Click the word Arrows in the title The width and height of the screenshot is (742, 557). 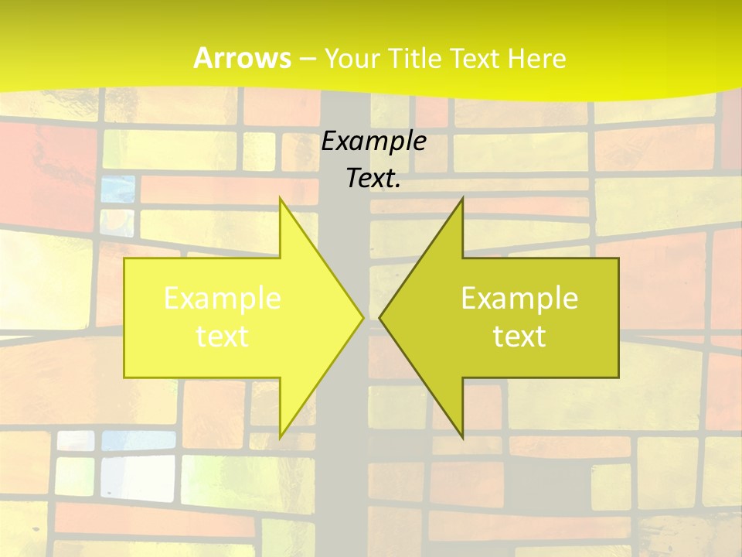242,58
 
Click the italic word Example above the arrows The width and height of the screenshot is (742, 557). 374,142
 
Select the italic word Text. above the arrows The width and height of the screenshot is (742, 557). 374,179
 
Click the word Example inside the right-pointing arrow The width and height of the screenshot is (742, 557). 223,299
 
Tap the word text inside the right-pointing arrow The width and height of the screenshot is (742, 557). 223,336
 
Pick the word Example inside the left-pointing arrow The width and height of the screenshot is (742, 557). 519,299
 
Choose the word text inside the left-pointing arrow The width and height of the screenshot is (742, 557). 519,336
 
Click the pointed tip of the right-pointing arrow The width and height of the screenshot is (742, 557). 362,317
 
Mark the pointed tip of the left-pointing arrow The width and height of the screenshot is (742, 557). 381,317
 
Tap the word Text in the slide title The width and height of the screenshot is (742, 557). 472,59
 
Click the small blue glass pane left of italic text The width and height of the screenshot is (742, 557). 117,189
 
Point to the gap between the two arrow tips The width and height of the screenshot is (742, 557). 372,317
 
